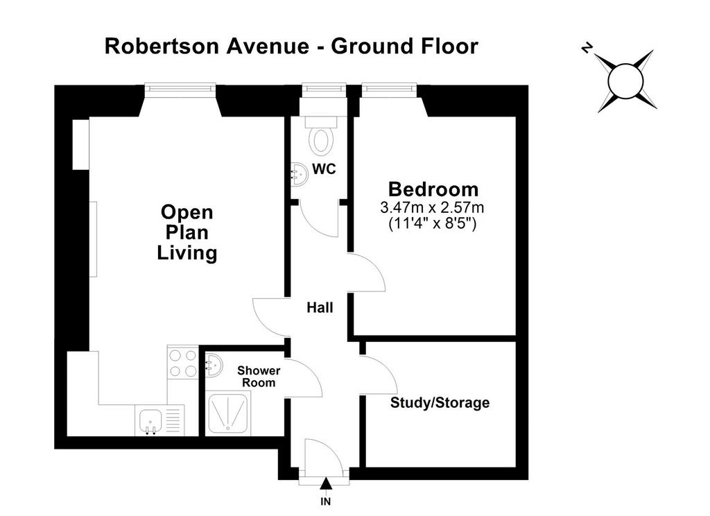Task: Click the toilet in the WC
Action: (x=321, y=135)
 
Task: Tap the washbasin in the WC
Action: (x=300, y=174)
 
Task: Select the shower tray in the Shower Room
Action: (x=229, y=415)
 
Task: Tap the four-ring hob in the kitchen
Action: (x=183, y=363)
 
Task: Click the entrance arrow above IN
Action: (x=326, y=484)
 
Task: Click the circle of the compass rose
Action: (x=626, y=81)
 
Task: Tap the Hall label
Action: (x=320, y=308)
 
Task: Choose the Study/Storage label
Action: (x=440, y=403)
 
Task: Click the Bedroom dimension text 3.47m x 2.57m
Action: (x=432, y=207)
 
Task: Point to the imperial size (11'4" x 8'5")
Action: (x=433, y=223)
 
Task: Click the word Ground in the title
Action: (x=372, y=46)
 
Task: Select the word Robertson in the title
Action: (x=162, y=46)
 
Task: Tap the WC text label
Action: (x=324, y=169)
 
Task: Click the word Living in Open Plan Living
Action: (x=187, y=252)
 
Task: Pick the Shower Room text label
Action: (x=259, y=377)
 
